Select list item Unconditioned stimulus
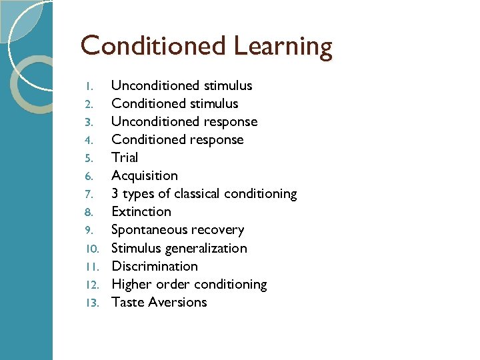click(181, 85)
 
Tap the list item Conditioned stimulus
click(175, 103)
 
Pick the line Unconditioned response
click(184, 121)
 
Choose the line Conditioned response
click(177, 139)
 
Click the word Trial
click(125, 157)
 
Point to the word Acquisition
click(145, 175)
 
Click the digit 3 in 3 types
click(115, 194)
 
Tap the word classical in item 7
click(197, 194)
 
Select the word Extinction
click(141, 211)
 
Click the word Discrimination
click(155, 266)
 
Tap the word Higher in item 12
click(131, 285)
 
